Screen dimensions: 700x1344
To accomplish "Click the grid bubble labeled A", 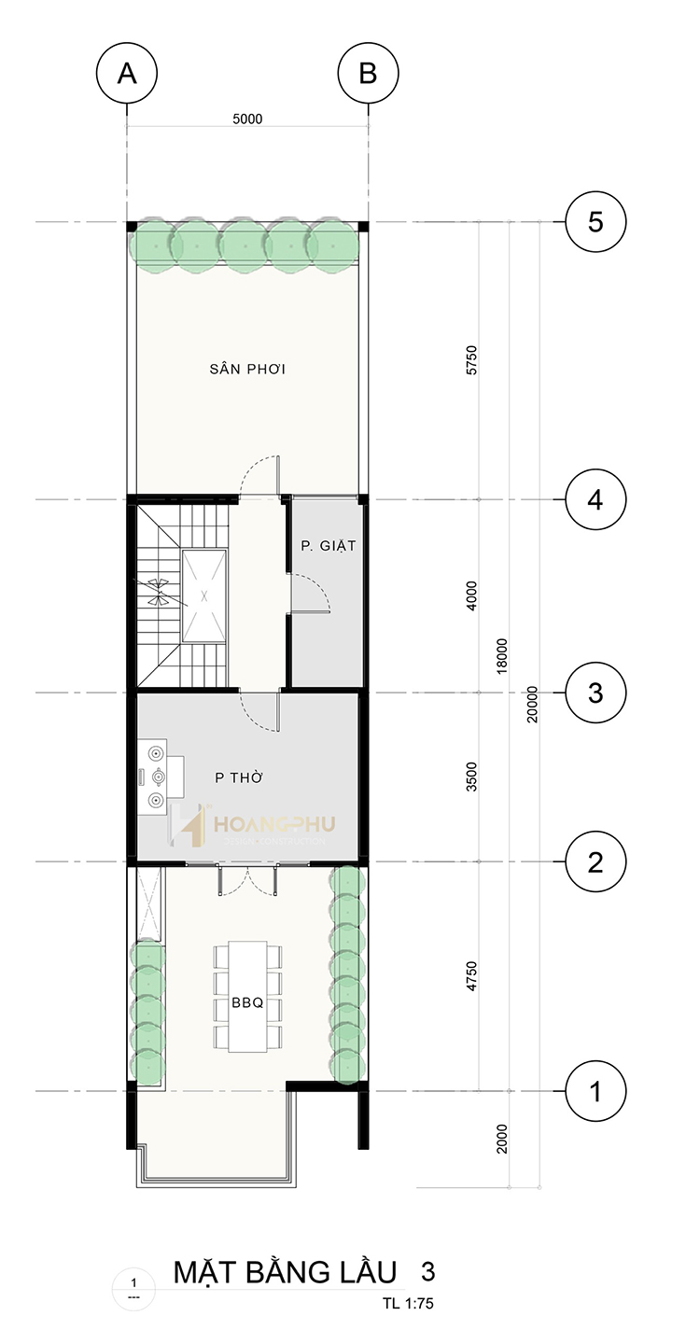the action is [x=127, y=73].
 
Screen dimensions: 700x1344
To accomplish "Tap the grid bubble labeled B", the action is [x=368, y=73].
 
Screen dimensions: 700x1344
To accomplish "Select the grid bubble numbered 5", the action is [x=595, y=222].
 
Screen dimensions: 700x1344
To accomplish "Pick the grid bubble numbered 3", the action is [x=595, y=693].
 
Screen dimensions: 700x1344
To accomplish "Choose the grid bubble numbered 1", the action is [x=595, y=1091].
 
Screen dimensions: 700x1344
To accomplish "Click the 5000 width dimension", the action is [x=247, y=119].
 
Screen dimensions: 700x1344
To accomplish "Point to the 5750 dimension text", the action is [x=472, y=360].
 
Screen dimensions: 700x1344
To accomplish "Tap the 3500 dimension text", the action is [x=472, y=777].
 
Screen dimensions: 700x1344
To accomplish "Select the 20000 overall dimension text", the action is [x=533, y=704].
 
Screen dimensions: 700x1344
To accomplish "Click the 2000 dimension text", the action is [x=502, y=1139].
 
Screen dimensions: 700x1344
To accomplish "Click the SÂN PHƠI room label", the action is [x=247, y=369].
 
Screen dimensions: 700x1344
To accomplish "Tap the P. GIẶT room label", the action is [x=329, y=546].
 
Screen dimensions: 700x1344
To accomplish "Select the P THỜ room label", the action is [x=239, y=777].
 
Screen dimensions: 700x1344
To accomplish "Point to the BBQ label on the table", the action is [x=247, y=1002].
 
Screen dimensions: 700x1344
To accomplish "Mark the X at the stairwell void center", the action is [x=204, y=595].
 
